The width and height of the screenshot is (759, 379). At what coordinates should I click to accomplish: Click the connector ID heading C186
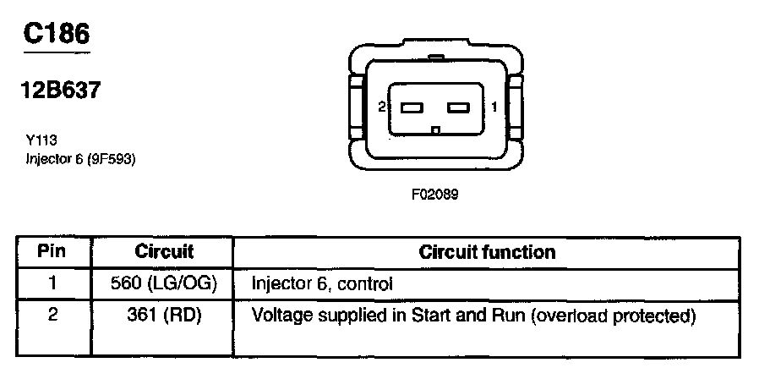coord(57,33)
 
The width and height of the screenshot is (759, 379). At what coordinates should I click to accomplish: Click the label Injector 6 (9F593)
coord(80,158)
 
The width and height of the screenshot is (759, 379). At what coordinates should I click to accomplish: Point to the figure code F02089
coord(434,194)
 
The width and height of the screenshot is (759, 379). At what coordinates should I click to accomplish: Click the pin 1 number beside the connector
coord(494,107)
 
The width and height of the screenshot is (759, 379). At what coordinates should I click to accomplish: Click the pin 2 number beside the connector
coord(382,107)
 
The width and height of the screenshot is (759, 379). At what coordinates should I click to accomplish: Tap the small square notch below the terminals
coord(435,130)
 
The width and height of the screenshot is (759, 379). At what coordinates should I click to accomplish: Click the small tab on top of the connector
coord(435,58)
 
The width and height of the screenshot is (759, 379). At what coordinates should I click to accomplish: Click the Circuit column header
coord(164,252)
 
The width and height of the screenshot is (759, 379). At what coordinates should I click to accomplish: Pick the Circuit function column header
coord(487,252)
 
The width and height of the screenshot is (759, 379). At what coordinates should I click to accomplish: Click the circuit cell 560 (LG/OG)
coord(164,284)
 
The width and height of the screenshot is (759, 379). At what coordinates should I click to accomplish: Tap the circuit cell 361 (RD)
coord(164,316)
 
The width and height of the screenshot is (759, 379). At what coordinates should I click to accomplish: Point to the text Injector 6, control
coord(322,284)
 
